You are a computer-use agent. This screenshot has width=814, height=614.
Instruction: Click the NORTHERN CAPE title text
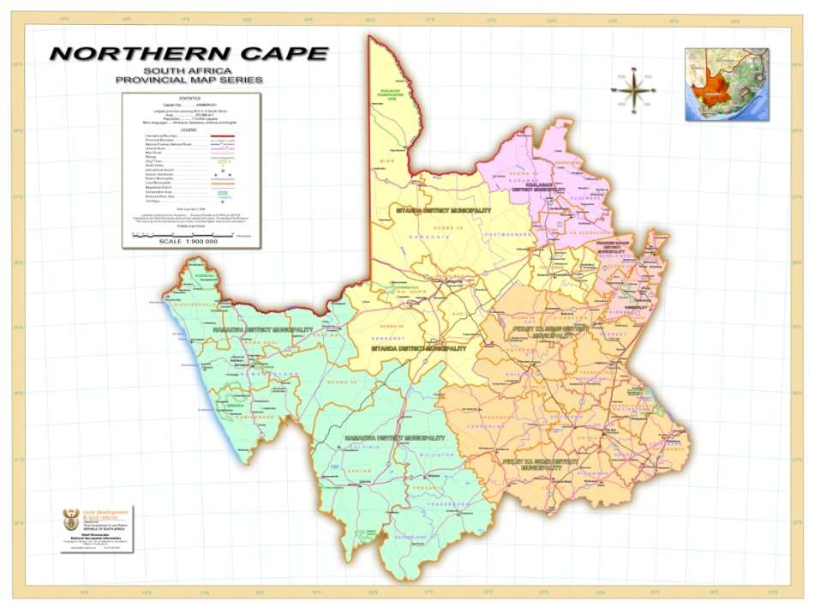pyautogui.click(x=189, y=53)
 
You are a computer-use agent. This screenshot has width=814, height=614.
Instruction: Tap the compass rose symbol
pyautogui.click(x=632, y=88)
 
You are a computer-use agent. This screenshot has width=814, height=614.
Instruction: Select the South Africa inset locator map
pyautogui.click(x=726, y=84)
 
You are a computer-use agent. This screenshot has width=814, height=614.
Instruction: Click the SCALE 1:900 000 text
pyautogui.click(x=189, y=242)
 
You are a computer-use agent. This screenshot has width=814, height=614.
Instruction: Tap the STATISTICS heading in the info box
pyautogui.click(x=190, y=99)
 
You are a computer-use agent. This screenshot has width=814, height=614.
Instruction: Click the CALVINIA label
pyautogui.click(x=361, y=447)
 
